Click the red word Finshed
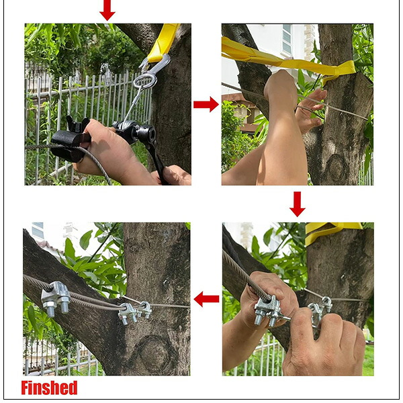coord(49,388)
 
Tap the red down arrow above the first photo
coord(107,10)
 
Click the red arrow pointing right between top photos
coord(206,104)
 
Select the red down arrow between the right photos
coord(298,204)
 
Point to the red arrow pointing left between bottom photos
coord(206,299)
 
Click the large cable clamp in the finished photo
coord(56,298)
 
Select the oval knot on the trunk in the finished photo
coord(155,353)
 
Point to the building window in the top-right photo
coord(287,39)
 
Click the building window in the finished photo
coord(38,230)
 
